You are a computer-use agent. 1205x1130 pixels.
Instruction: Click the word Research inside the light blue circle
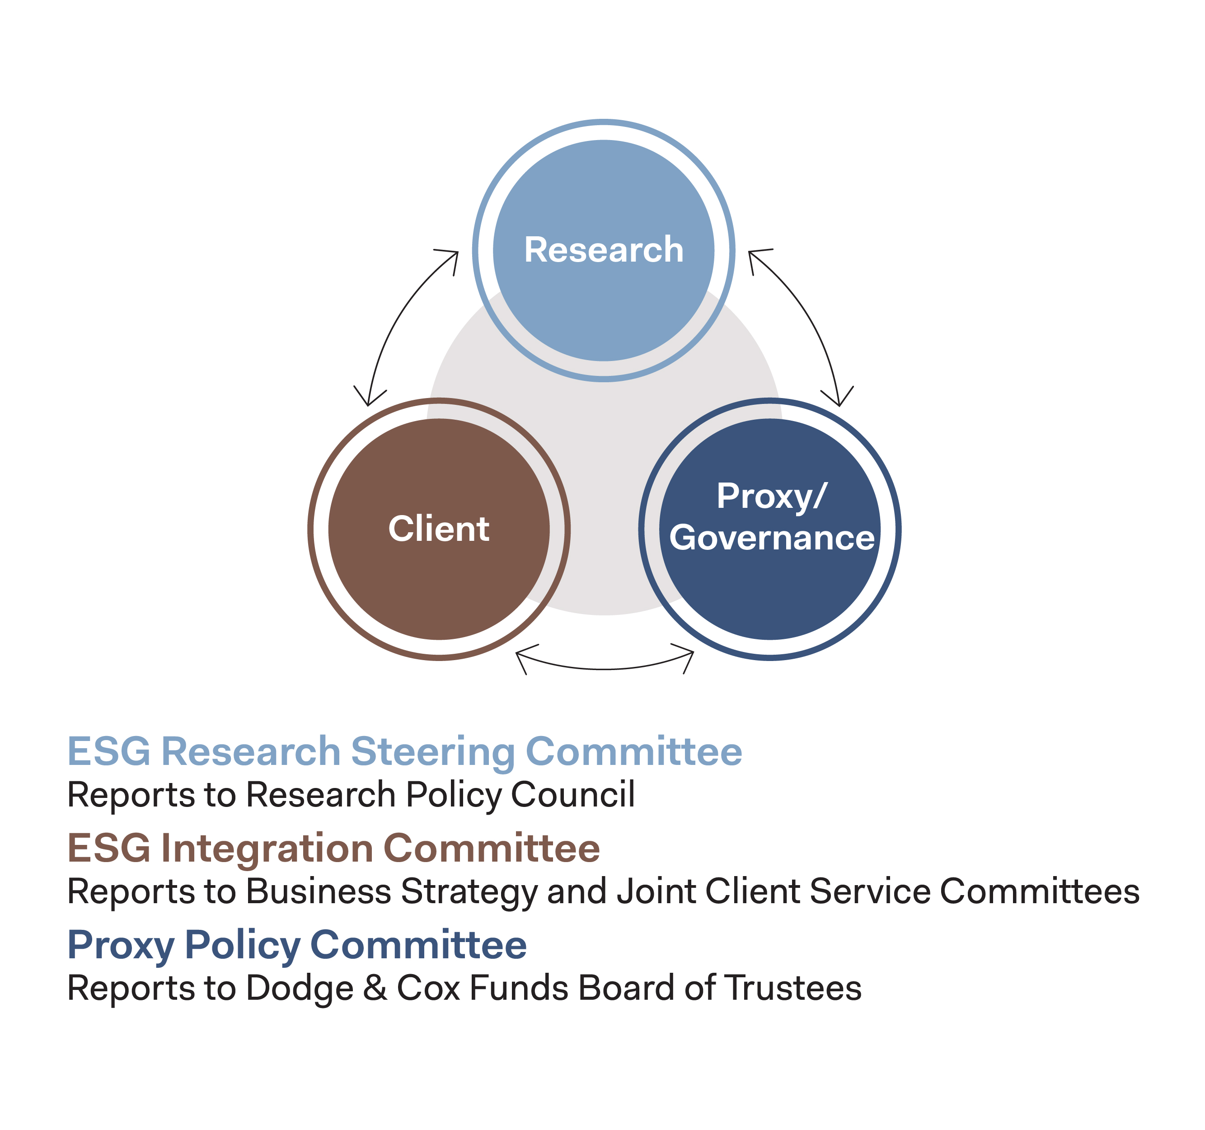604,250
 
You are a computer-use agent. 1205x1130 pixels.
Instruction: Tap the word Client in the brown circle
439,529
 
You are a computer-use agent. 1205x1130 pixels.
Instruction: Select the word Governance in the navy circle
772,538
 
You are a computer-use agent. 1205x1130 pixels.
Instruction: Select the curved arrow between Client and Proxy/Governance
605,668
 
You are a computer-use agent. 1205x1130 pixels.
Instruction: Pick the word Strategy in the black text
469,892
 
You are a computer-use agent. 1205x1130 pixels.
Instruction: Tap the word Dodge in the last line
300,989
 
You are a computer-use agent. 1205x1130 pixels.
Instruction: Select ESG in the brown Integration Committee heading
108,848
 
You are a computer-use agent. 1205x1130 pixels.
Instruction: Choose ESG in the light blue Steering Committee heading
108,752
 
